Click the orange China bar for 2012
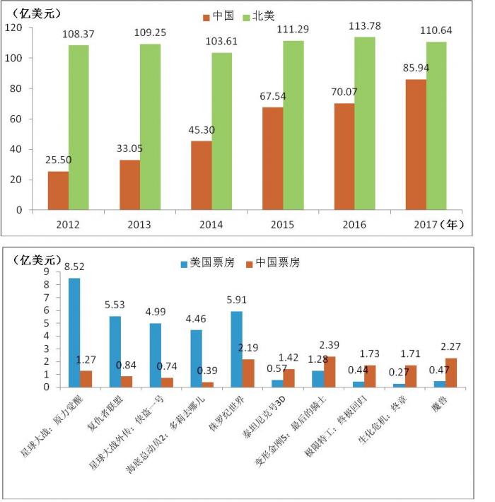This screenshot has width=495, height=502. coord(58,190)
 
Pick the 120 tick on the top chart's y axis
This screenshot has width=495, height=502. coord(14,28)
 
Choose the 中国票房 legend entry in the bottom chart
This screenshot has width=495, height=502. coord(275,262)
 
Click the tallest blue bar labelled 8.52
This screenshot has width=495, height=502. coord(74,332)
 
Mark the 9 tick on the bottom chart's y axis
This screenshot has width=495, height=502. coord(47,272)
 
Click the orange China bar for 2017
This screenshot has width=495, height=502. coord(416,144)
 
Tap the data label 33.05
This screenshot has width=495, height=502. coord(129,150)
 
